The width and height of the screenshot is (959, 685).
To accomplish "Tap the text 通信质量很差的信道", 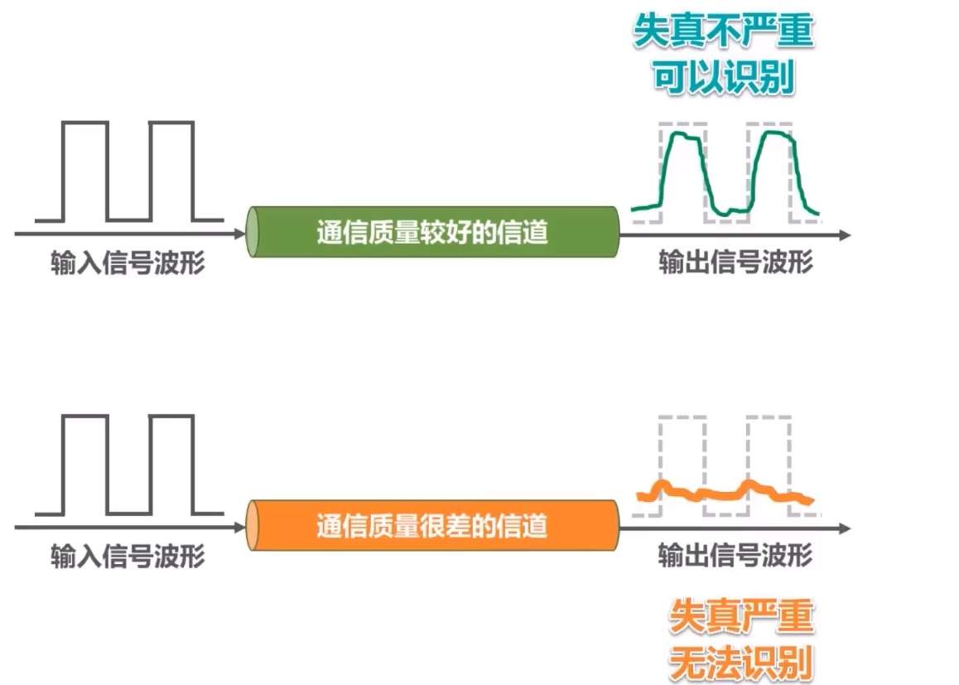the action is [432, 525].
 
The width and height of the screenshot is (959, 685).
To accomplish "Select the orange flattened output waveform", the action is [725, 493].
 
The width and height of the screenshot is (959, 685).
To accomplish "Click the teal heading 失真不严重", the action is [723, 33].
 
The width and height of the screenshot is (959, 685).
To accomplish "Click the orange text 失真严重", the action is [741, 617].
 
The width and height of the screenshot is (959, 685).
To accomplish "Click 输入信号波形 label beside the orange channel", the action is [128, 556].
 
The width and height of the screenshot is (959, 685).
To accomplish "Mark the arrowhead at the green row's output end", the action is [844, 235].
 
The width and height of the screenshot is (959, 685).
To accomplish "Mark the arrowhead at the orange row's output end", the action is [844, 528].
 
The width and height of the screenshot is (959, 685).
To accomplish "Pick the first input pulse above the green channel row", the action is [85, 171].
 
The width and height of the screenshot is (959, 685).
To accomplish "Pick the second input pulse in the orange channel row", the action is [171, 464].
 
